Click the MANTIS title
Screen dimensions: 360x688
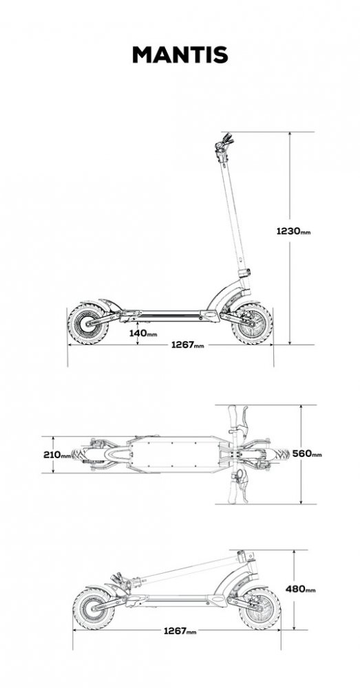[180, 55]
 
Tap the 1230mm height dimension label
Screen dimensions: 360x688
[293, 230]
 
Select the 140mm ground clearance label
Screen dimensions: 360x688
[143, 333]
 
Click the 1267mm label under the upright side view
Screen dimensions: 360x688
[187, 345]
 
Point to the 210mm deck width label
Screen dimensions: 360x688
[57, 455]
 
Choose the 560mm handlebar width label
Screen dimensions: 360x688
[307, 453]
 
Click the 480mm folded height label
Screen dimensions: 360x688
[300, 589]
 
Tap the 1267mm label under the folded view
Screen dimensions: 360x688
[180, 631]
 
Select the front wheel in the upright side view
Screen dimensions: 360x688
[252, 324]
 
